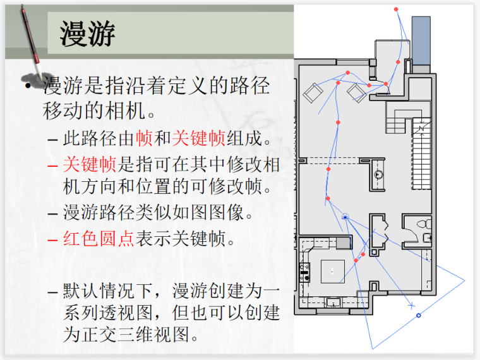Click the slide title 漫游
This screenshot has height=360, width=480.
click(x=88, y=32)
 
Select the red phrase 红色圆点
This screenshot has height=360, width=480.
click(x=98, y=239)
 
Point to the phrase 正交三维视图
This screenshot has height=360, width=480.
click(x=146, y=333)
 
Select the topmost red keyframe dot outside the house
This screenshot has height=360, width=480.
click(x=396, y=9)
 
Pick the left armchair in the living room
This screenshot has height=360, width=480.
click(x=312, y=93)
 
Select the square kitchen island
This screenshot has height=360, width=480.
click(x=333, y=270)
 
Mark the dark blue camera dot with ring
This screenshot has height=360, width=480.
click(x=345, y=217)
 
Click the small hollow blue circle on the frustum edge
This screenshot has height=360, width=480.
click(x=418, y=315)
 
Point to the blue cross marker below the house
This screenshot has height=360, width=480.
click(x=411, y=306)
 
